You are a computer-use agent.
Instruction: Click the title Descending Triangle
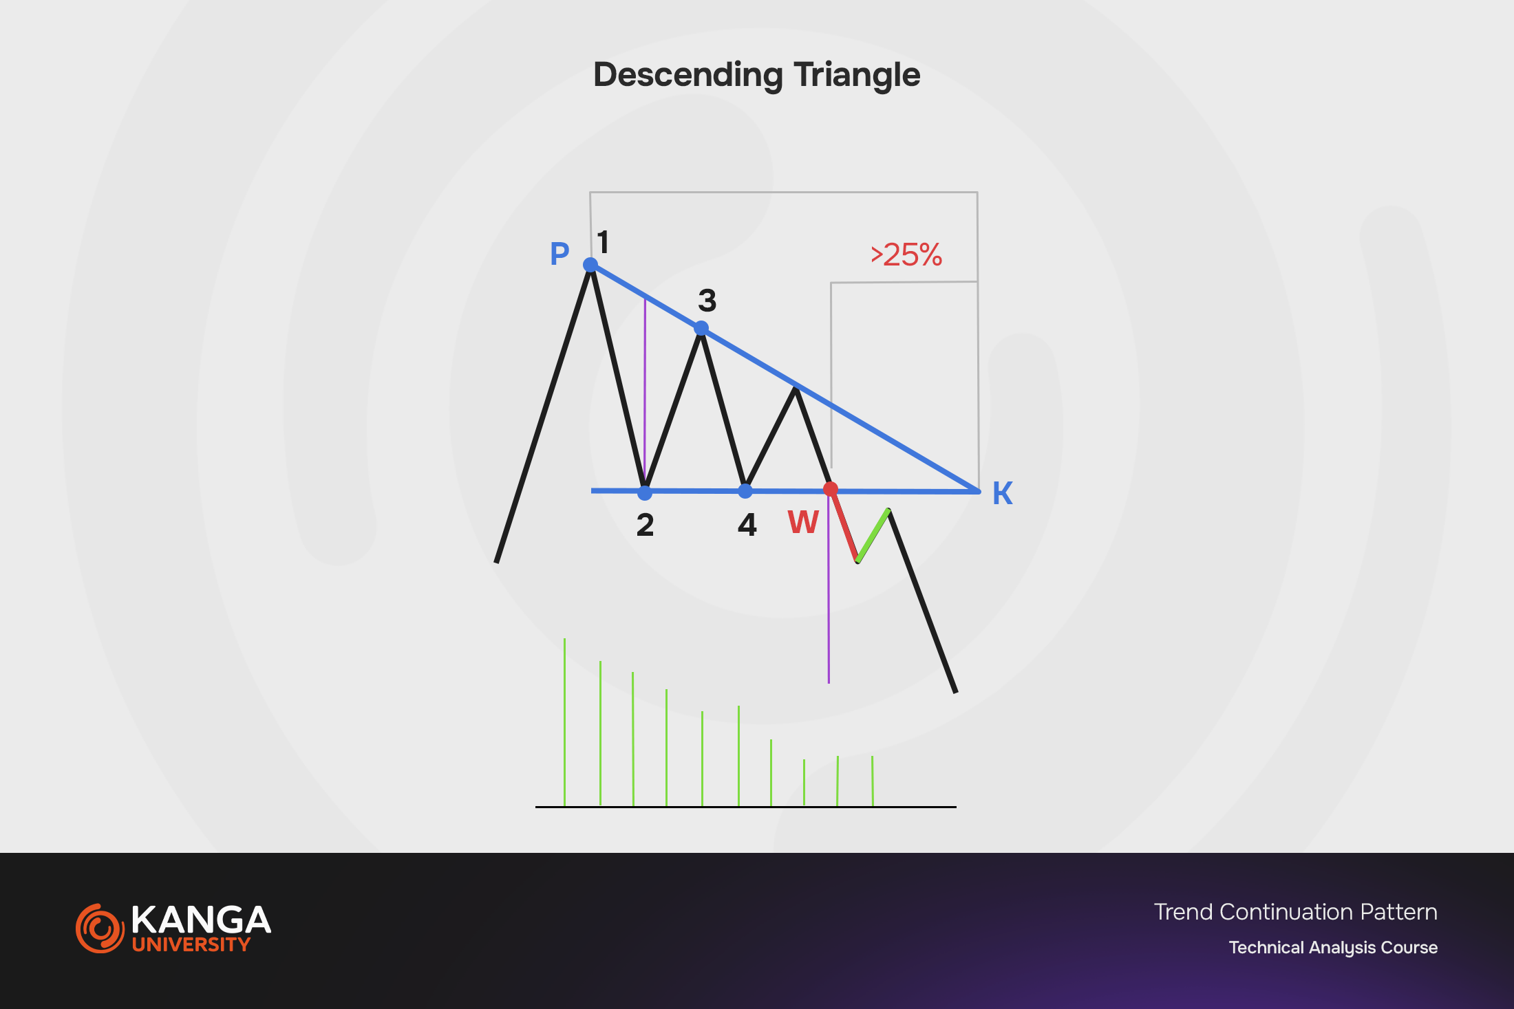tap(756, 75)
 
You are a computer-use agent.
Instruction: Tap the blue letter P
tap(559, 254)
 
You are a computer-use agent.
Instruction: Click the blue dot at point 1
tap(590, 265)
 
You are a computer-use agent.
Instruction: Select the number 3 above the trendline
tap(707, 301)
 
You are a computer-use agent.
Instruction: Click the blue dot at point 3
tap(701, 328)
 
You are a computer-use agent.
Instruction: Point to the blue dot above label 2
tap(645, 492)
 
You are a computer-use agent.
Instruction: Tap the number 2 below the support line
tap(645, 525)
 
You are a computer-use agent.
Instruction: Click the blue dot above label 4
tap(745, 491)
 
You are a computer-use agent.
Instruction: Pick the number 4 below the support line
tap(747, 525)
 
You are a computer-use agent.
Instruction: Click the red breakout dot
tap(831, 489)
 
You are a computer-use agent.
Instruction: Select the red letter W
tap(803, 522)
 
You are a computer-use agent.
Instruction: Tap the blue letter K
tap(1003, 493)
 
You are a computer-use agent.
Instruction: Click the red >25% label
tap(906, 255)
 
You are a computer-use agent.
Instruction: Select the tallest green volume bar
tap(565, 722)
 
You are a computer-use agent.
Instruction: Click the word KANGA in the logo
tap(201, 920)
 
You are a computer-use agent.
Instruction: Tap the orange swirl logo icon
tap(100, 929)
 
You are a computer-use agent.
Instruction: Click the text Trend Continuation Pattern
tap(1296, 912)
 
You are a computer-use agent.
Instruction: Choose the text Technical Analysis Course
tap(1334, 948)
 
